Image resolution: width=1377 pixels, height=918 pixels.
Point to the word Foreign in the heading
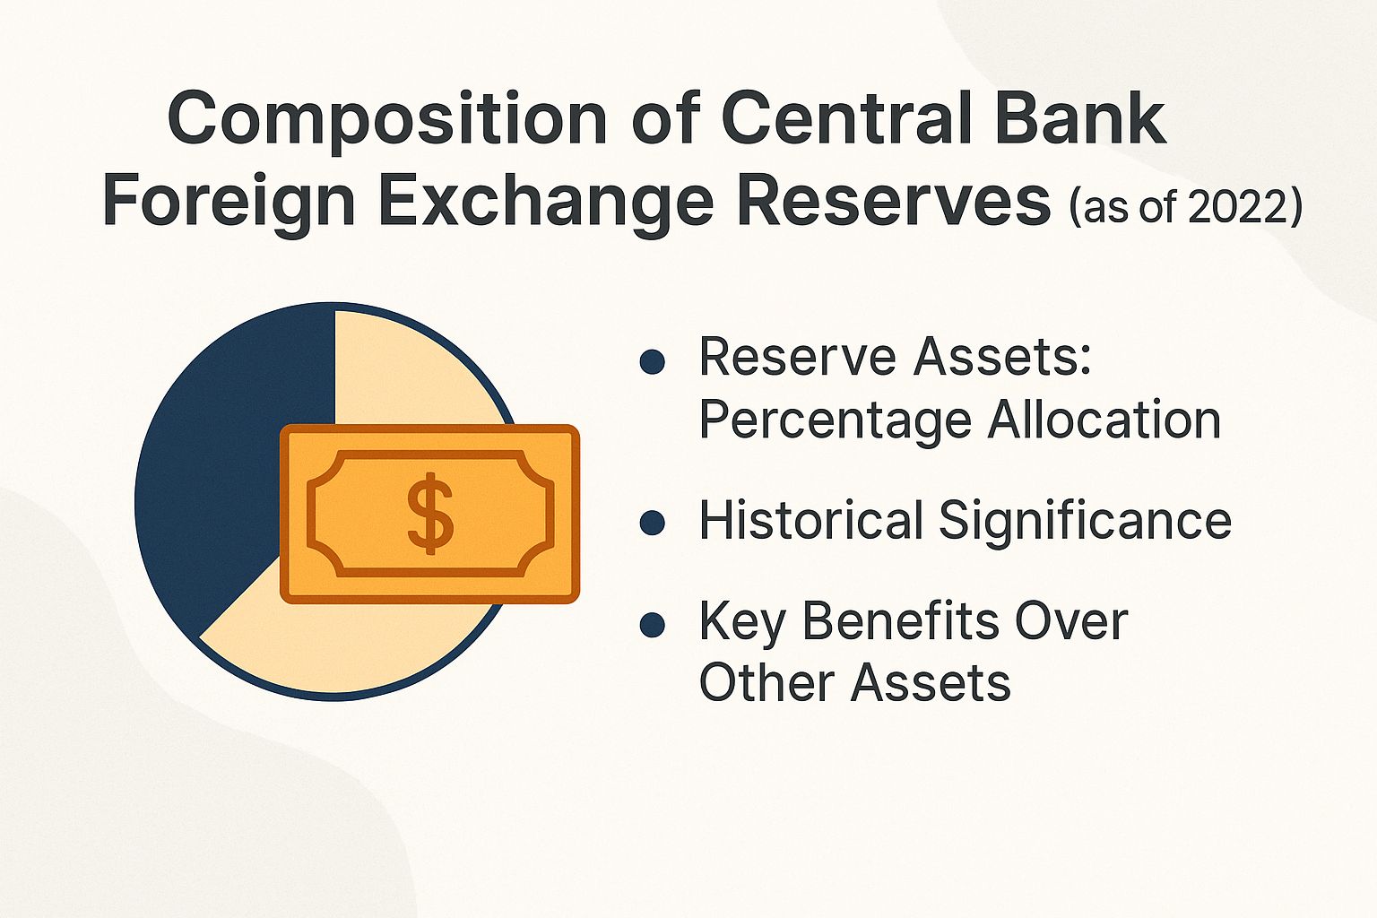229,203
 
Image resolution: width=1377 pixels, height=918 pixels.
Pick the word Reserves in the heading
893,201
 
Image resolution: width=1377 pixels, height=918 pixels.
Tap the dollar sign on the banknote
430,513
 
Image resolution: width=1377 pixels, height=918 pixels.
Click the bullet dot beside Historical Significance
652,524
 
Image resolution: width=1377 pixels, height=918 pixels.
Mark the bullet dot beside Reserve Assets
652,361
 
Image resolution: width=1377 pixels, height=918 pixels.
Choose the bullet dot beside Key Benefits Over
652,625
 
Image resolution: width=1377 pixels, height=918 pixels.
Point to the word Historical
810,521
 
